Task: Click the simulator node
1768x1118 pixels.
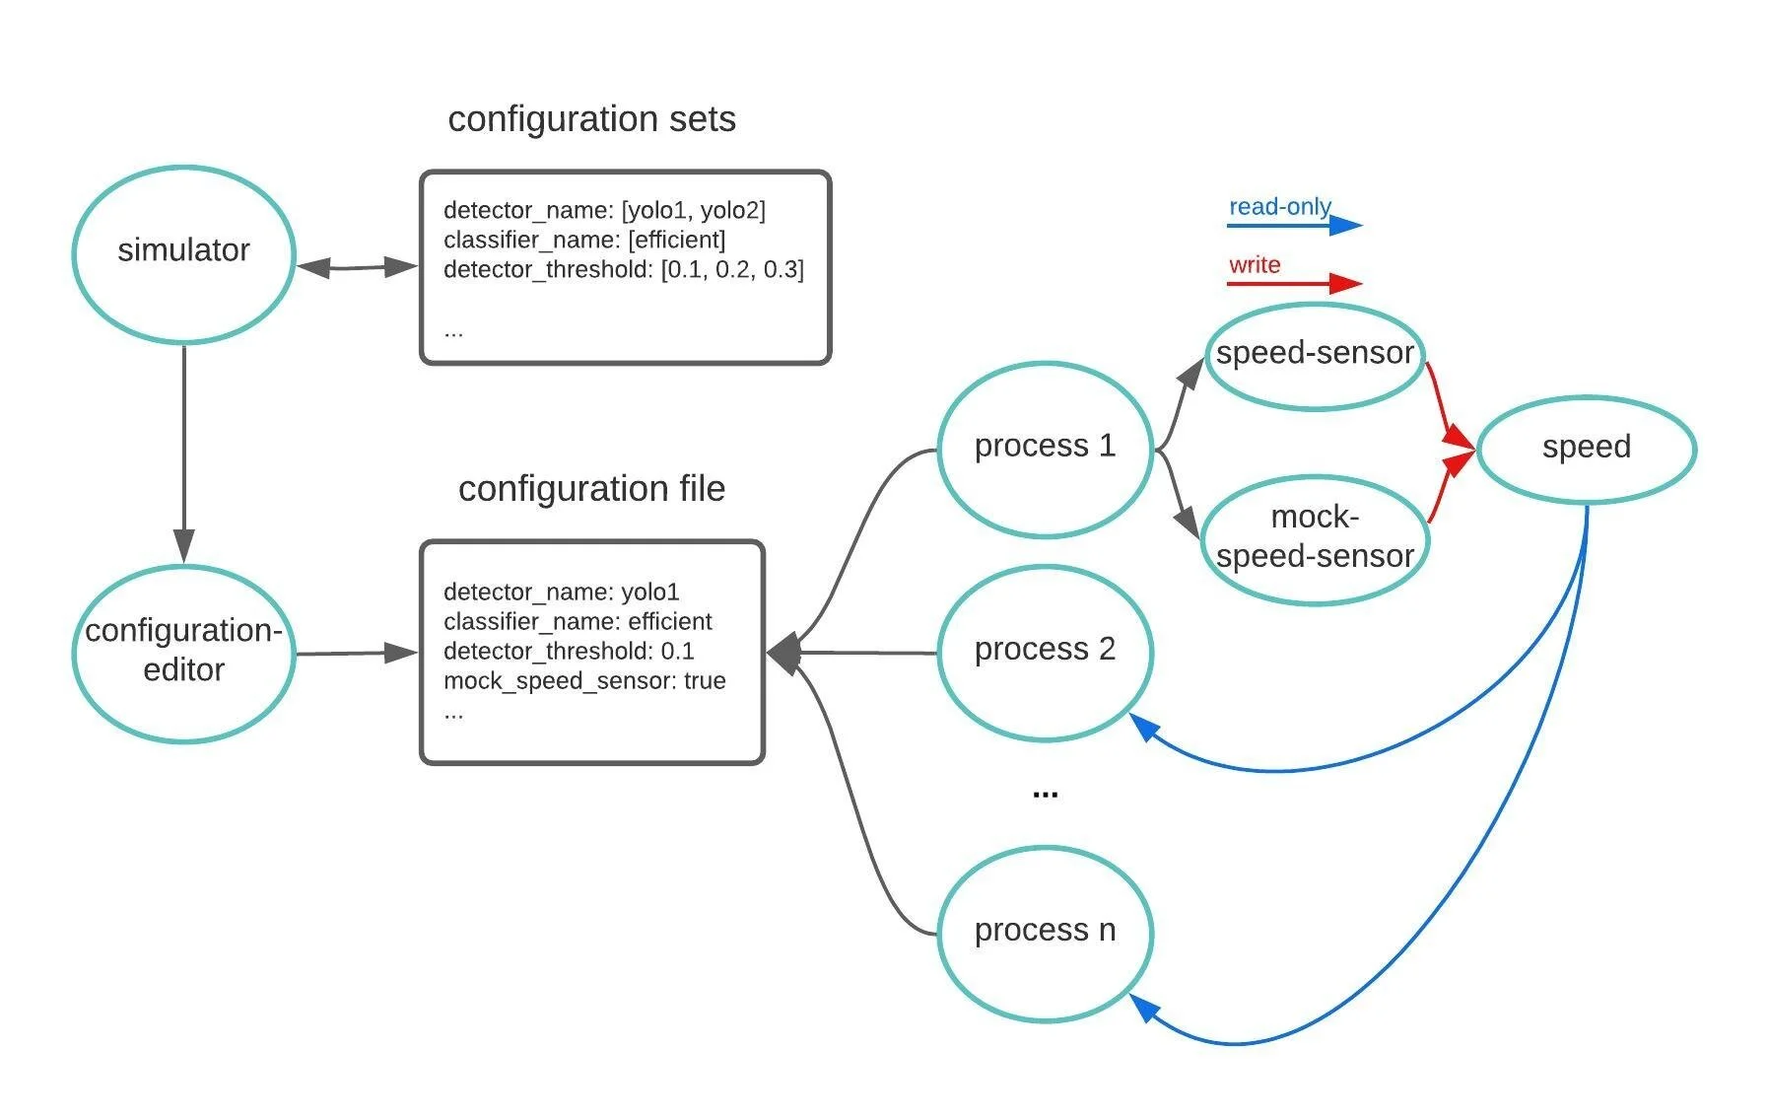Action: point(183,252)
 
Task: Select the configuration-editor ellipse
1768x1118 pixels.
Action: point(183,651)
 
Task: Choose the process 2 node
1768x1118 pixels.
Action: point(1045,650)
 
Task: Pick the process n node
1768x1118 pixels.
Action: point(1045,931)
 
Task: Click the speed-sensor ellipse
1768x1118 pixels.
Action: point(1315,354)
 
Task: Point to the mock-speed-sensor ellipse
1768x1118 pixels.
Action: point(1315,537)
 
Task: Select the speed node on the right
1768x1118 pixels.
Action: point(1586,448)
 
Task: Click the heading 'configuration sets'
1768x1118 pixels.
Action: point(591,119)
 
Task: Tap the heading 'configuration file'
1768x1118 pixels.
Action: point(591,489)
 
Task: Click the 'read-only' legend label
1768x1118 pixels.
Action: point(1279,207)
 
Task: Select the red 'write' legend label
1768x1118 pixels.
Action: point(1254,265)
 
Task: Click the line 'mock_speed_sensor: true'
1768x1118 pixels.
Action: point(584,681)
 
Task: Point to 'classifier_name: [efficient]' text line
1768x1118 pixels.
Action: point(584,240)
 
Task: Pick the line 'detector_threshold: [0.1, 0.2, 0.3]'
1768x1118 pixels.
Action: point(623,269)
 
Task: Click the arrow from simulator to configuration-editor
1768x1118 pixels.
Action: point(183,454)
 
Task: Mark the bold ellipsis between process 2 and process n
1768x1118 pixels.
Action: point(1045,793)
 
